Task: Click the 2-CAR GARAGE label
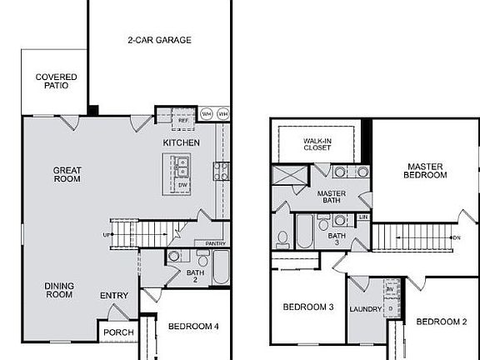(x=159, y=39)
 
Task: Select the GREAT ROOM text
(x=67, y=174)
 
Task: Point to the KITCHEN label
(x=181, y=143)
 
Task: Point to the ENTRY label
(x=114, y=295)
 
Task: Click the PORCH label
(x=117, y=332)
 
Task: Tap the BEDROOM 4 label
(x=192, y=326)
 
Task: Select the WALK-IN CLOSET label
(x=317, y=143)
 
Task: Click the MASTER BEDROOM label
(x=426, y=170)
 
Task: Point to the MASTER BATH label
(x=332, y=198)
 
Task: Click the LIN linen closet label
(x=362, y=217)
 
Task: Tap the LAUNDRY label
(x=367, y=310)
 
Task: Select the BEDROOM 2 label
(x=442, y=322)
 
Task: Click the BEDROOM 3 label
(x=308, y=307)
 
